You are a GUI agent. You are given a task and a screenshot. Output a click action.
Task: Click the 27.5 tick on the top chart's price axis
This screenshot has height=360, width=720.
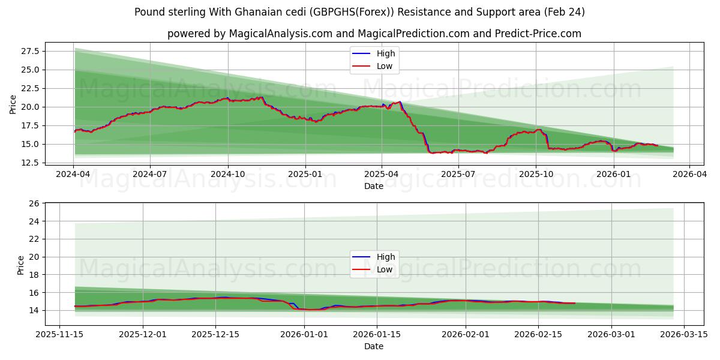(x=31, y=51)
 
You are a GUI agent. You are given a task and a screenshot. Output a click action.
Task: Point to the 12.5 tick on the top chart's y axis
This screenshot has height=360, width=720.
(x=31, y=163)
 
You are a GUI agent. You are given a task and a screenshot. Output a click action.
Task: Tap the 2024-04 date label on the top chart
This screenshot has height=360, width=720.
(x=73, y=174)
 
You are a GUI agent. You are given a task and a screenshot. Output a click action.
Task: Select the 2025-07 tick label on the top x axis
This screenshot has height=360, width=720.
(x=458, y=174)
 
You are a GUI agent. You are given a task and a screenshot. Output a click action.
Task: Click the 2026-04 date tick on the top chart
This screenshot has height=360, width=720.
(x=689, y=174)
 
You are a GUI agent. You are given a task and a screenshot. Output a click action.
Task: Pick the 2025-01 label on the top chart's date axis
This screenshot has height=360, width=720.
(x=305, y=174)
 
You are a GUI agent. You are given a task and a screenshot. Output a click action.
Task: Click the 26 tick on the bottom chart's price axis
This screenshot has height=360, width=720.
(x=34, y=203)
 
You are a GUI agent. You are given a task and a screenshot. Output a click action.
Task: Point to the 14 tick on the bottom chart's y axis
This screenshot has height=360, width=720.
(x=34, y=310)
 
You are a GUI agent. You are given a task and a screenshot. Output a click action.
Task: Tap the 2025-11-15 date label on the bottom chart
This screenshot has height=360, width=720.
(x=59, y=334)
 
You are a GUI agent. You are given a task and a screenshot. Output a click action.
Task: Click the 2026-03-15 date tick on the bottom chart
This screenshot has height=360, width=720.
(x=681, y=334)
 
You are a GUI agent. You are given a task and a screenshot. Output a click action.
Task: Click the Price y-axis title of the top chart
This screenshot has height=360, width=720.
(x=13, y=104)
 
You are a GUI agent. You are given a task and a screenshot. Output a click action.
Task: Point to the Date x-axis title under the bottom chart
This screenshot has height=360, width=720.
(x=374, y=346)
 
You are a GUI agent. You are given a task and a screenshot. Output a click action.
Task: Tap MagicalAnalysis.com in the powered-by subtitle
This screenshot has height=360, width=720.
(x=281, y=34)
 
